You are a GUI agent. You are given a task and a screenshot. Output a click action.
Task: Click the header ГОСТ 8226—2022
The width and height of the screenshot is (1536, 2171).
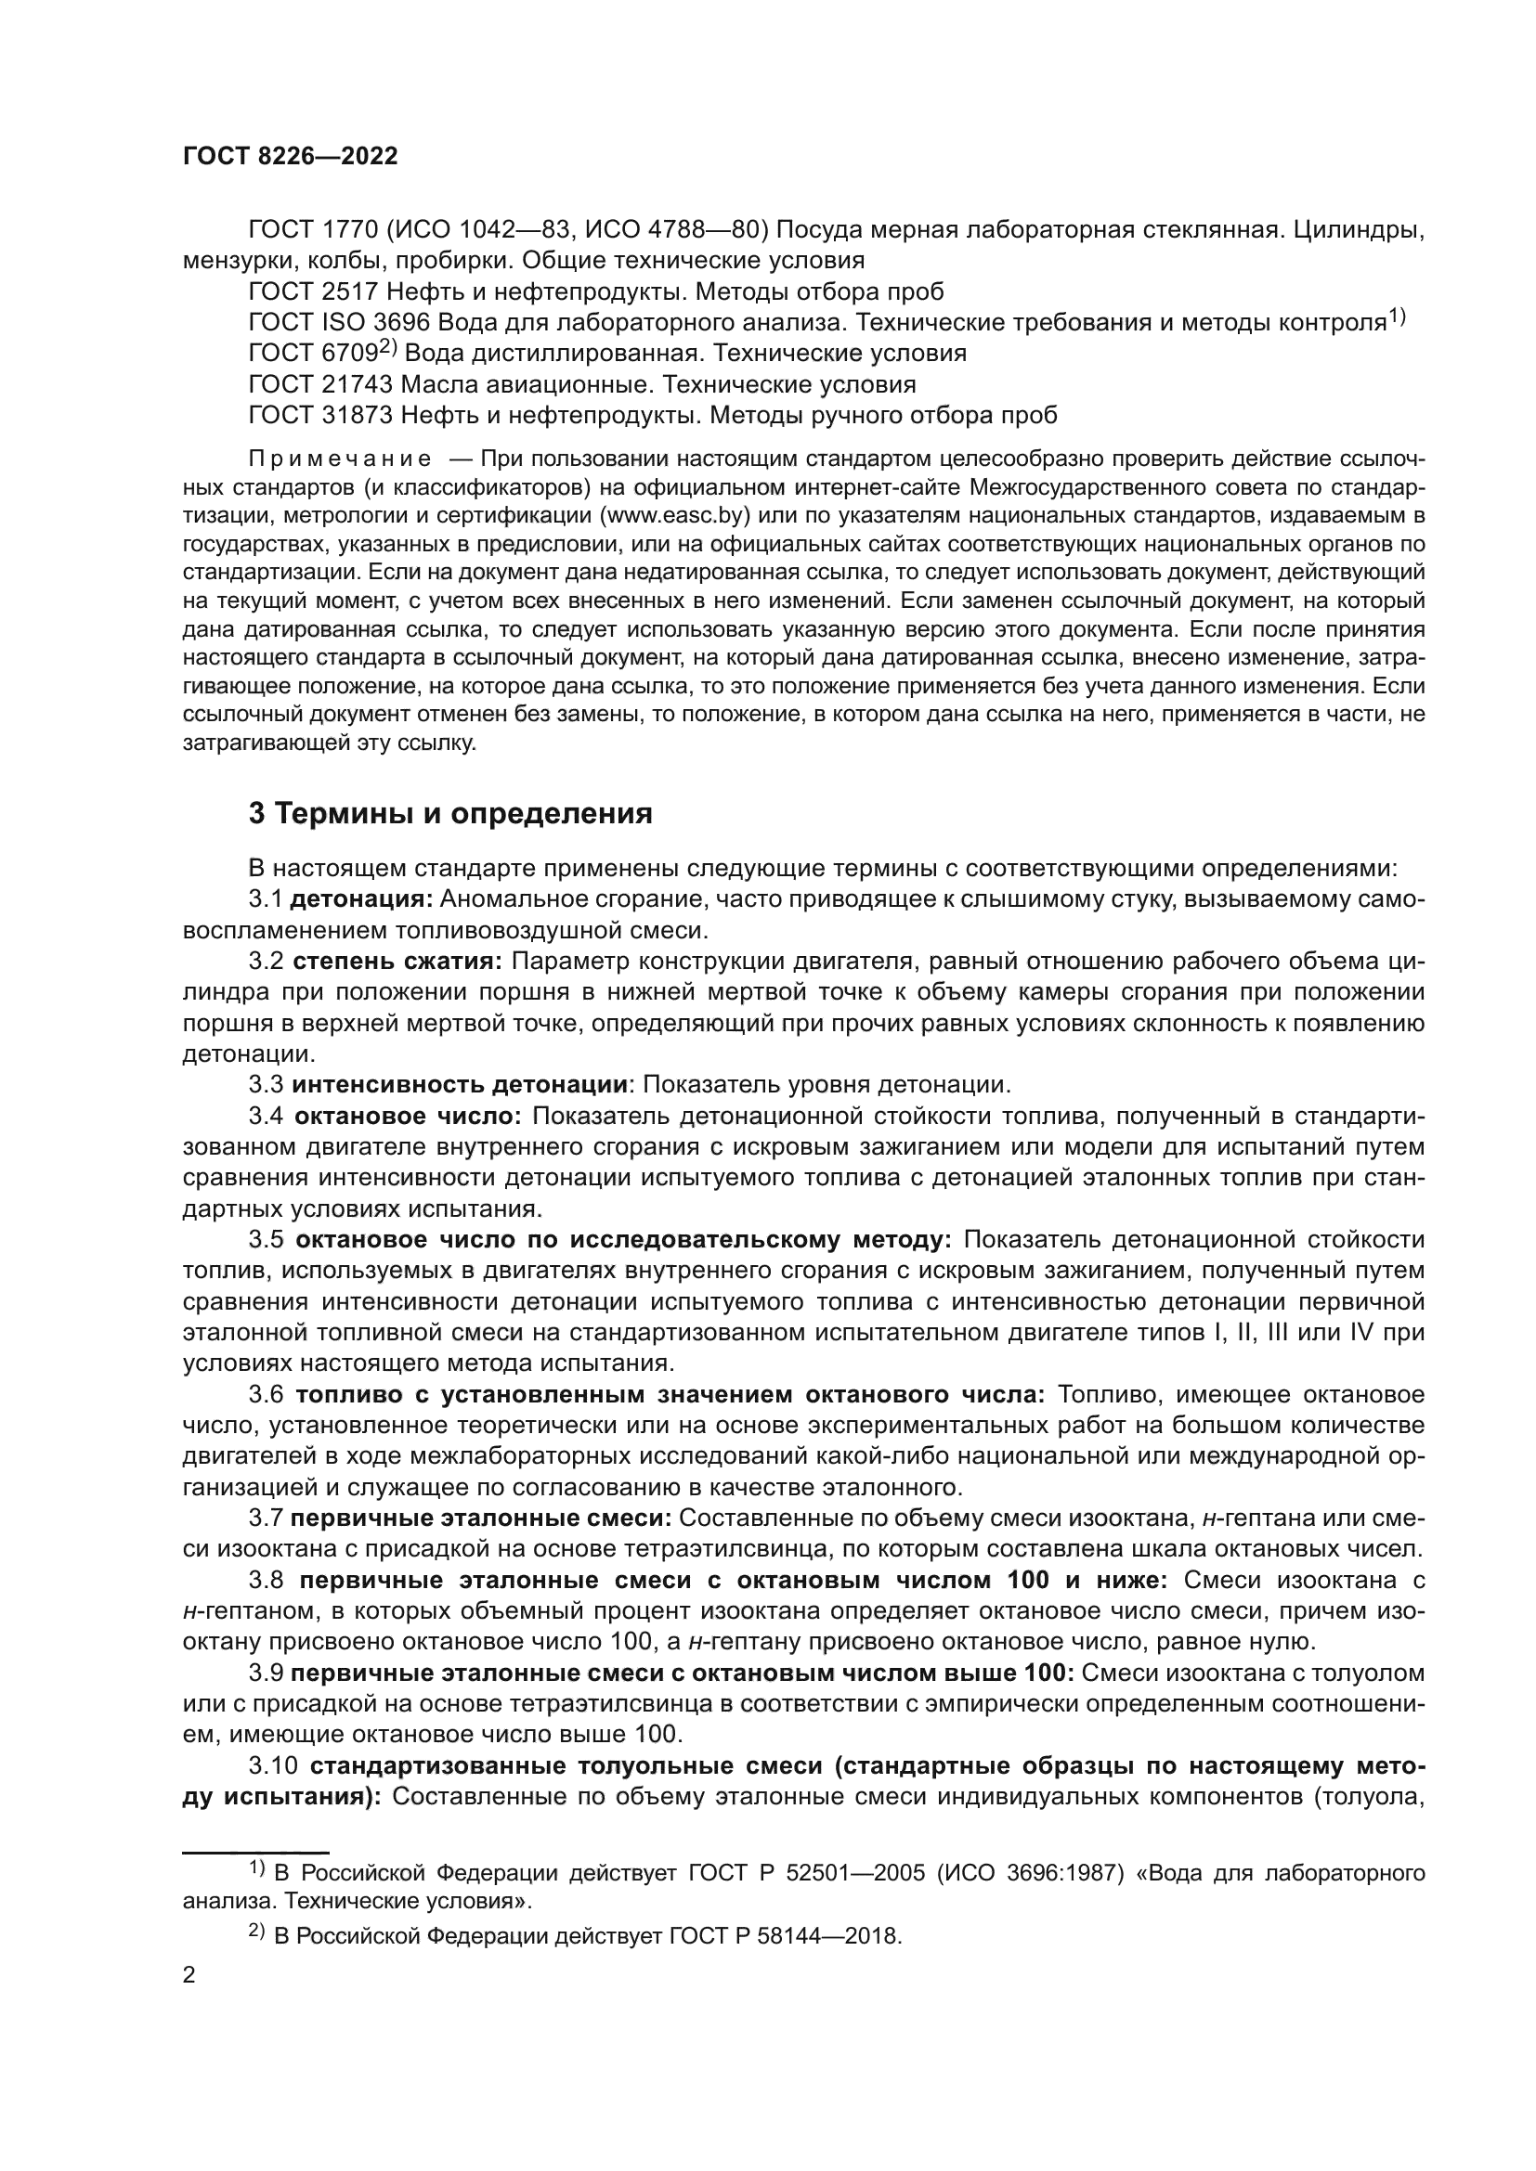[x=290, y=157]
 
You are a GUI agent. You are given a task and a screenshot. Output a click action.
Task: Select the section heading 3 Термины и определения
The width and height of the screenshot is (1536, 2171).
[x=450, y=814]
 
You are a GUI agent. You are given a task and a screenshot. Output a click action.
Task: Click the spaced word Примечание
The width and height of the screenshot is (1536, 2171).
[x=340, y=459]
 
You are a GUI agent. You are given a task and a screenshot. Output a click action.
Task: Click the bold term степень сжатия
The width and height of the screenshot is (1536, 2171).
[x=397, y=962]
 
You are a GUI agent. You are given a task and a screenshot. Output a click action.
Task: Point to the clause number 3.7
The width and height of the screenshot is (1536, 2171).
[x=266, y=1518]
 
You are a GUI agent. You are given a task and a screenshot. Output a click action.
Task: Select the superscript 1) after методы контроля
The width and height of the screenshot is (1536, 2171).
[x=1397, y=317]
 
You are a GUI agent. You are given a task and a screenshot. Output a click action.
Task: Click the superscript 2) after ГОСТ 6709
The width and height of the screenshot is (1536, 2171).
[x=388, y=348]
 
